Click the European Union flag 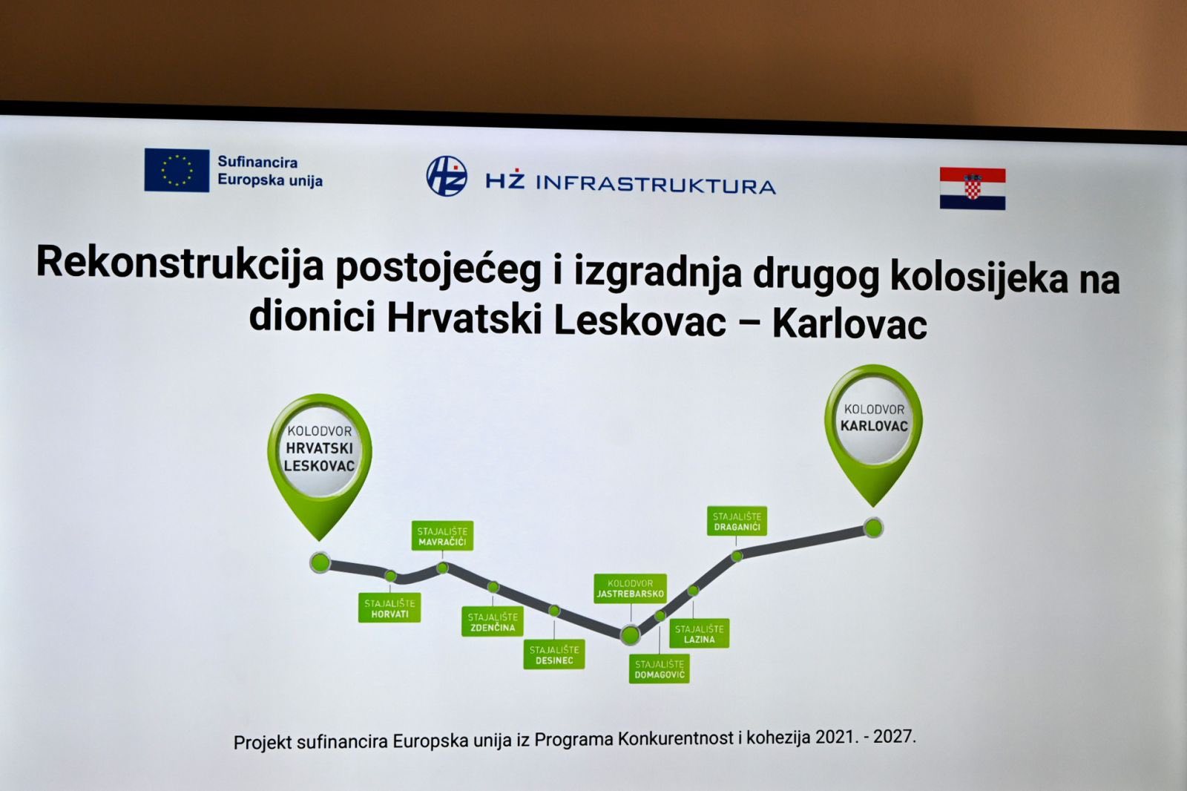[x=177, y=170]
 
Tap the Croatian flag [x=973, y=188]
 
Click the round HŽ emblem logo [x=446, y=175]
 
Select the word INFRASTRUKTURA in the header [x=656, y=185]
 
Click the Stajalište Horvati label [x=389, y=608]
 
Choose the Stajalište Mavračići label [x=442, y=536]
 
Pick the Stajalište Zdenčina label [x=493, y=622]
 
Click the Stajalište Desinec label [x=554, y=654]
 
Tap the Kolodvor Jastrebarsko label [x=630, y=588]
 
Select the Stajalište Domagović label [x=660, y=669]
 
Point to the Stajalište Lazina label [x=700, y=634]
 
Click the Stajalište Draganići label [x=737, y=521]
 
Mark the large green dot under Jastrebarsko [x=630, y=634]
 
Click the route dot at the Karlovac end [x=873, y=528]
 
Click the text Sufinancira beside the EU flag [x=257, y=162]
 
